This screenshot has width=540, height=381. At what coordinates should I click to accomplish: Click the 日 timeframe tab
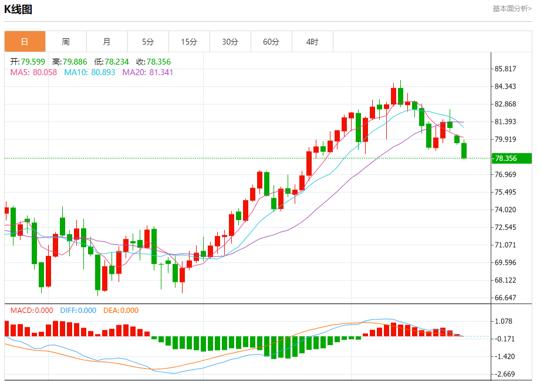tap(25, 42)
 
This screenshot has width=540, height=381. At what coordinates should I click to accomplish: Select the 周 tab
tap(66, 42)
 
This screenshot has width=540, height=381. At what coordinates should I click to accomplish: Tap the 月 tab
tap(107, 42)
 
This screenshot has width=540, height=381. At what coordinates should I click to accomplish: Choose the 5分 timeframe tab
tap(148, 42)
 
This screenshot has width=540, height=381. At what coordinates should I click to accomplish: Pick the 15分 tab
tap(189, 42)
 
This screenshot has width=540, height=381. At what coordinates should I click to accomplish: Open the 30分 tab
tap(230, 42)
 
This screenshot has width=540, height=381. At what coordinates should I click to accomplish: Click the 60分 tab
tap(271, 42)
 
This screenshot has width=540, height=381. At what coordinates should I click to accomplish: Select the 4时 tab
tap(312, 42)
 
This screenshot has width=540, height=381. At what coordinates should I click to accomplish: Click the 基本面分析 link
tap(512, 9)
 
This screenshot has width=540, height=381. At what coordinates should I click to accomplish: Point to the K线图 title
tap(18, 9)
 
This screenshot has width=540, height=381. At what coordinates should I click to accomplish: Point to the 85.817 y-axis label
tap(505, 69)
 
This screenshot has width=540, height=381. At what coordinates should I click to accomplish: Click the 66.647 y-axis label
tap(505, 298)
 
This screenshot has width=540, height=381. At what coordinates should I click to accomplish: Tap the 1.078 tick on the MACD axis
tap(504, 321)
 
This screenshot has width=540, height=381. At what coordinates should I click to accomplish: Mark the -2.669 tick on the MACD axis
tap(504, 374)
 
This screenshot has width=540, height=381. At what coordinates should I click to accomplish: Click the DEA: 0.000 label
tap(121, 311)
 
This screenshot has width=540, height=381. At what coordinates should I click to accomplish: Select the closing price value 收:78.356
tap(154, 62)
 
